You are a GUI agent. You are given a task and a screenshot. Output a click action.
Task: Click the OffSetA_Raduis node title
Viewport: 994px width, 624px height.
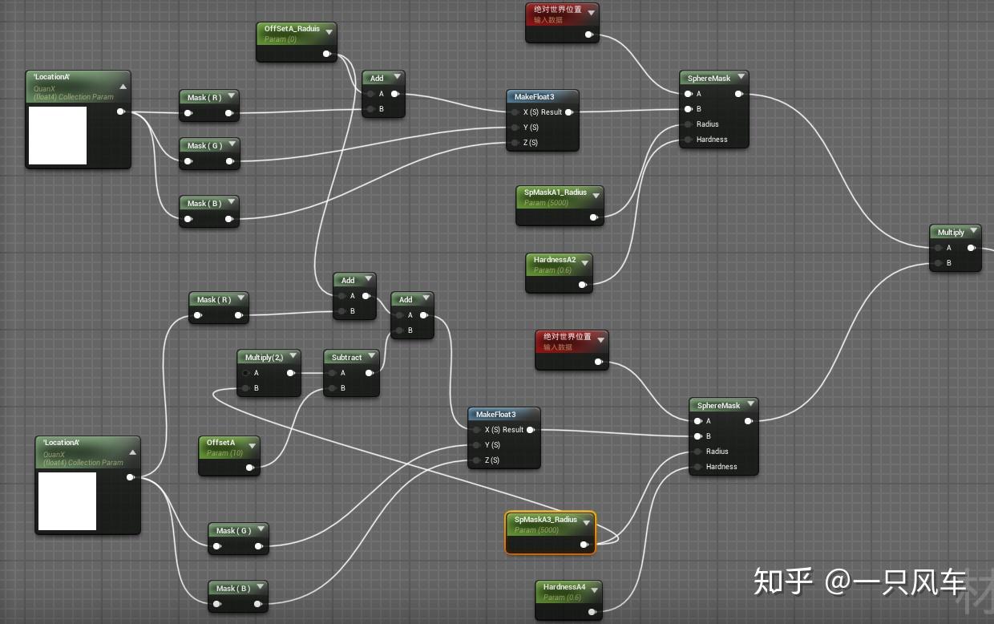tap(292, 29)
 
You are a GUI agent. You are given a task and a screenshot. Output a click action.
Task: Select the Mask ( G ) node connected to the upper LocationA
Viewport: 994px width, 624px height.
tap(204, 146)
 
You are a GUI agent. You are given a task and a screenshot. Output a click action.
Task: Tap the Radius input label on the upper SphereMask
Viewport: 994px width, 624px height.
tap(707, 124)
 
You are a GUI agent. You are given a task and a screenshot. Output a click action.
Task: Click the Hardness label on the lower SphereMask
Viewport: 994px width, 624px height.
tap(721, 467)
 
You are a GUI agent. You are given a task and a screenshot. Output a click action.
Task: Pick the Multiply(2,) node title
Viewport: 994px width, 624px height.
tap(264, 358)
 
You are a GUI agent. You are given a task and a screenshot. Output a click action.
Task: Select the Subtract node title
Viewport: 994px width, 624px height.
tap(346, 358)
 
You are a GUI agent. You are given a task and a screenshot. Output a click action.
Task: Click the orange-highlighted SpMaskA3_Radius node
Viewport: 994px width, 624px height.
tap(550, 533)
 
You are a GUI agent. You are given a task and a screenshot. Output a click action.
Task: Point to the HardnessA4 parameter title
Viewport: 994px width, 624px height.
tap(564, 588)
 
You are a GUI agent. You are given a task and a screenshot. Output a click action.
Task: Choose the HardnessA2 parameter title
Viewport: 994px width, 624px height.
tap(555, 261)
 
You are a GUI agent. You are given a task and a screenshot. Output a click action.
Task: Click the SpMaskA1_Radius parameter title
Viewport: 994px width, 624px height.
tap(555, 193)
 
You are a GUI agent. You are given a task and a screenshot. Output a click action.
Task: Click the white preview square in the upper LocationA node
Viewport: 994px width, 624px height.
tap(58, 136)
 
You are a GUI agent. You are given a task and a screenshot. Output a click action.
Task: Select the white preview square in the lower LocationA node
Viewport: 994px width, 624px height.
tap(67, 501)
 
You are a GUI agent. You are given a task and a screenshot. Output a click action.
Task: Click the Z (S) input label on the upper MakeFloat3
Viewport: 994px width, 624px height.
tap(530, 143)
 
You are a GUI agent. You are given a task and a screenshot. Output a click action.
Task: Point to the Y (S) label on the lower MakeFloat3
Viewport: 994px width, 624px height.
tap(491, 445)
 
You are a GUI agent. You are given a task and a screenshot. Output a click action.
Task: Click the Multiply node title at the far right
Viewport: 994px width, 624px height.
tap(951, 233)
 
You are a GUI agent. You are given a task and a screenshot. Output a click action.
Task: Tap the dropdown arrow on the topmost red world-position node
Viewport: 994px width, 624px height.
tap(591, 11)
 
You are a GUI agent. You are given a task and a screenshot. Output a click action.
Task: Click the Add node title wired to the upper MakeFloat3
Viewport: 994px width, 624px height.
tap(377, 79)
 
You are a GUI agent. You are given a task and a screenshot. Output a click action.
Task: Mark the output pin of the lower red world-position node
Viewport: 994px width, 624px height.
tap(599, 362)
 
